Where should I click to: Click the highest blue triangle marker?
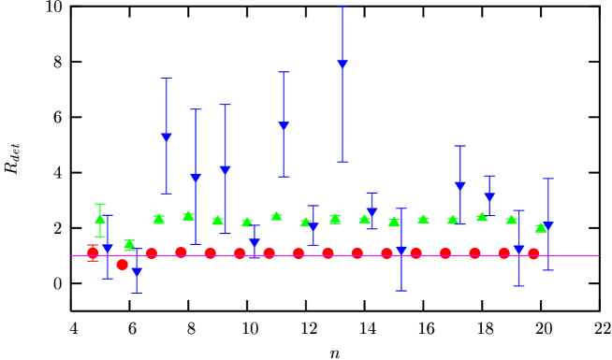click(x=342, y=65)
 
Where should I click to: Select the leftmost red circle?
click(x=93, y=252)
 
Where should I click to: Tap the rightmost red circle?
click(x=533, y=253)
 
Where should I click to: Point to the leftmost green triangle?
click(x=100, y=219)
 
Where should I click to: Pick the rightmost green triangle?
click(x=540, y=227)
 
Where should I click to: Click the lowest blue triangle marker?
click(x=137, y=273)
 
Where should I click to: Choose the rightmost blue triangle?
click(x=547, y=226)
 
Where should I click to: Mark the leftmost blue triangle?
click(x=108, y=249)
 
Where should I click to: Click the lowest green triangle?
click(x=129, y=244)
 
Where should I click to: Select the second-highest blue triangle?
click(x=284, y=126)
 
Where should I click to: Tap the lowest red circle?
click(x=122, y=265)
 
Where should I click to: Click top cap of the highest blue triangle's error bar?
click(x=342, y=7)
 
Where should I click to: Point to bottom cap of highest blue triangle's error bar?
click(x=342, y=162)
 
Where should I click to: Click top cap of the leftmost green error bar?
click(x=100, y=204)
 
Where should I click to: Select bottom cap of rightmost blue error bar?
click(x=547, y=269)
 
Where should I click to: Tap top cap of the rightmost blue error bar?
click(x=547, y=179)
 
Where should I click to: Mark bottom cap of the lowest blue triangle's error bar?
click(x=137, y=293)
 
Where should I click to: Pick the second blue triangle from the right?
click(x=518, y=249)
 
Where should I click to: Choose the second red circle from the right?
click(x=503, y=252)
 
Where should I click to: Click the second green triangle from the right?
click(x=511, y=220)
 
